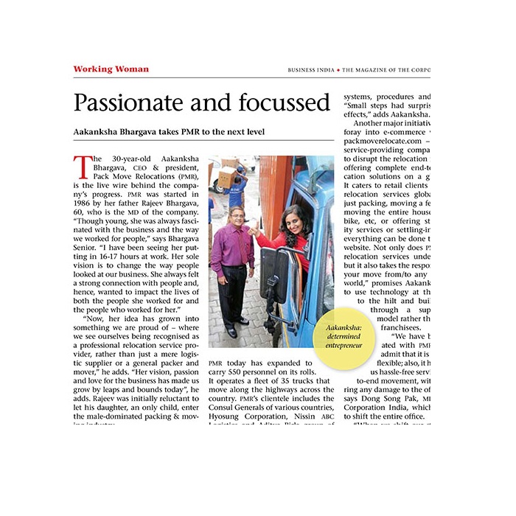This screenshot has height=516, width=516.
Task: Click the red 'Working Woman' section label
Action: pyautogui.click(x=111, y=69)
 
